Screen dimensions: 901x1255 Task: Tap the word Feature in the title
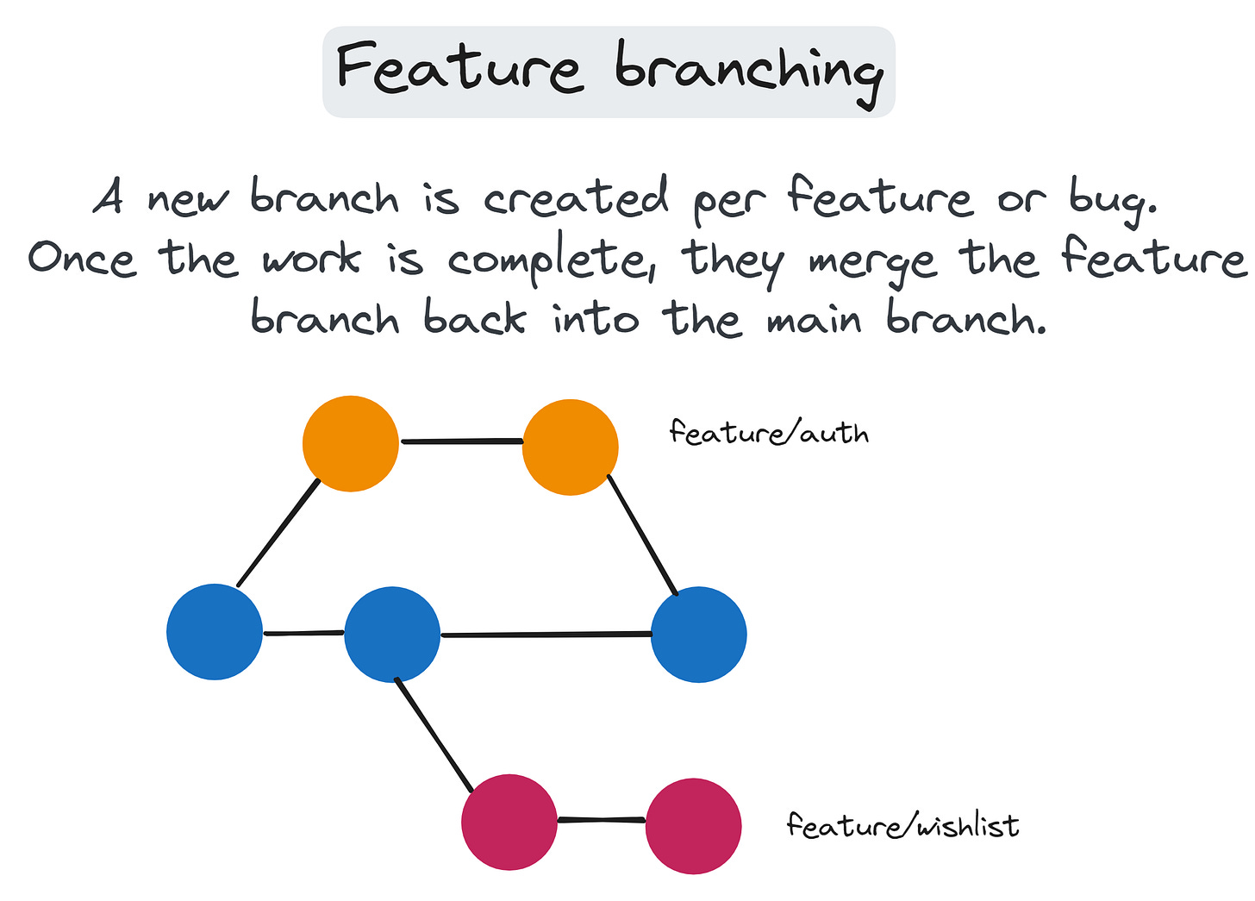(x=459, y=69)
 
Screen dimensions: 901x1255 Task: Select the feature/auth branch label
(x=768, y=432)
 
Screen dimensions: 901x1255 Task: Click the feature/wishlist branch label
(x=902, y=826)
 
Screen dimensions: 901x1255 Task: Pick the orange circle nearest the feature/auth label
(x=570, y=447)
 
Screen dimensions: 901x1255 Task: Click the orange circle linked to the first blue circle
(x=351, y=443)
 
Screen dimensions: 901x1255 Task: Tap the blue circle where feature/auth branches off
(x=215, y=632)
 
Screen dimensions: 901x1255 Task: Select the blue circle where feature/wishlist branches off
(x=392, y=635)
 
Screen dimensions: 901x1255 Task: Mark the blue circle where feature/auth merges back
(x=698, y=635)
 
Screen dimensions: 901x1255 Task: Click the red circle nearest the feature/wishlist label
(x=693, y=825)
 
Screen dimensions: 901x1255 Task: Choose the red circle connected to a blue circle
(x=509, y=823)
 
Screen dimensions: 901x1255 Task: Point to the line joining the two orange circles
(x=461, y=442)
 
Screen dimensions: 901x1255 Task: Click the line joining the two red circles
(x=601, y=820)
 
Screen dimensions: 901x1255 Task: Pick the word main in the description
(x=814, y=321)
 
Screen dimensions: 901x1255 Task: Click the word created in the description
(x=575, y=198)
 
